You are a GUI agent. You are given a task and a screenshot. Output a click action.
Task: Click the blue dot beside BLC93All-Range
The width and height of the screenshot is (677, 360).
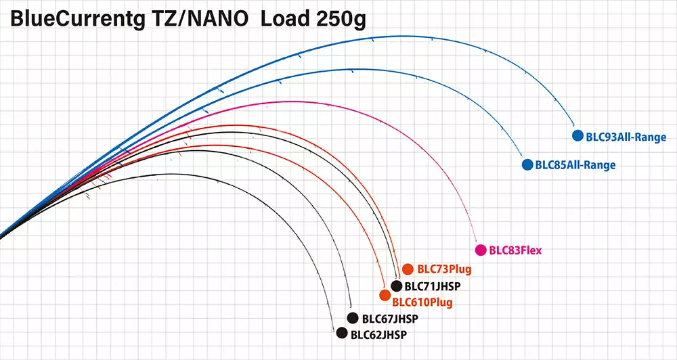pos(577,135)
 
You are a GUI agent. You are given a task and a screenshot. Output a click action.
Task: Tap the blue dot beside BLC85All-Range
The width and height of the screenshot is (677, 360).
pos(527,164)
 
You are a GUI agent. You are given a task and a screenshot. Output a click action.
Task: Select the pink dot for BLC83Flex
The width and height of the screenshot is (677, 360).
pos(481,250)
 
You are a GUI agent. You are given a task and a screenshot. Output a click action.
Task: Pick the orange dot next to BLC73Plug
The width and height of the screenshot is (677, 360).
pos(407,269)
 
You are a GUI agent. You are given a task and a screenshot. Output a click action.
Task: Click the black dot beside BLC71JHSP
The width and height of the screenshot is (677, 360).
pos(397,286)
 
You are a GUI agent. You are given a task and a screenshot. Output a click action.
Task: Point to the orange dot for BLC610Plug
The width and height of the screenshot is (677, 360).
pos(385,295)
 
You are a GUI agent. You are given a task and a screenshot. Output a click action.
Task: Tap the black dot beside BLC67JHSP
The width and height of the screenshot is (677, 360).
pos(352,318)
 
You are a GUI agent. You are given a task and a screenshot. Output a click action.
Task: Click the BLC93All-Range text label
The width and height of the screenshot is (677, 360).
pos(626,137)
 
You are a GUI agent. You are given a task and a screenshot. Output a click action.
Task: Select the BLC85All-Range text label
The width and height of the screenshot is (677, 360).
pos(575,164)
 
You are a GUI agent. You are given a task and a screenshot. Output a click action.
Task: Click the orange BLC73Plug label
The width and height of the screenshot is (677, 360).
pos(444,269)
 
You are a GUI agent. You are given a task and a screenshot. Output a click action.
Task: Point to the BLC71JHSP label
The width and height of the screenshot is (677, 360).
pos(433,286)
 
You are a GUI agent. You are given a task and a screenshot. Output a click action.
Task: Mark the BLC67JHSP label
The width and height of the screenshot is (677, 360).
pos(391,319)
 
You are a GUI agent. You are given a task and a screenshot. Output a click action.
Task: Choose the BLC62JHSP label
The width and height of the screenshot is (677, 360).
pos(380,334)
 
